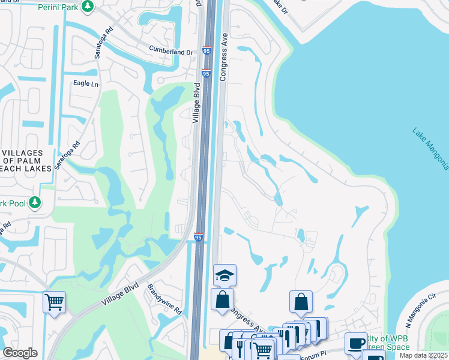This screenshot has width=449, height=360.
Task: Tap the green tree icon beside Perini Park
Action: point(88,7)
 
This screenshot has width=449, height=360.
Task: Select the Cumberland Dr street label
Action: point(172,52)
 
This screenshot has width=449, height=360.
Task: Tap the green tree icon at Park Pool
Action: point(35,203)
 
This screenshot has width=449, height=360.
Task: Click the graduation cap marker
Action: point(224,275)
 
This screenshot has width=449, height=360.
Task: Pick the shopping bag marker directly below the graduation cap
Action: point(222,299)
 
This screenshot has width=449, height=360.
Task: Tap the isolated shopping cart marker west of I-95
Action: point(54,301)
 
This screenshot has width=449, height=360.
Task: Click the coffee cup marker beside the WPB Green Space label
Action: point(356,343)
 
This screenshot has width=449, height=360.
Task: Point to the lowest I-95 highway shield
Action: point(199,238)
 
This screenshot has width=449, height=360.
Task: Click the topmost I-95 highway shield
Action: point(206,51)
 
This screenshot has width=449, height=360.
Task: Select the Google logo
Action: point(20,352)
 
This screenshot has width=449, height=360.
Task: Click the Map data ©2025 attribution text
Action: point(424,356)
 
